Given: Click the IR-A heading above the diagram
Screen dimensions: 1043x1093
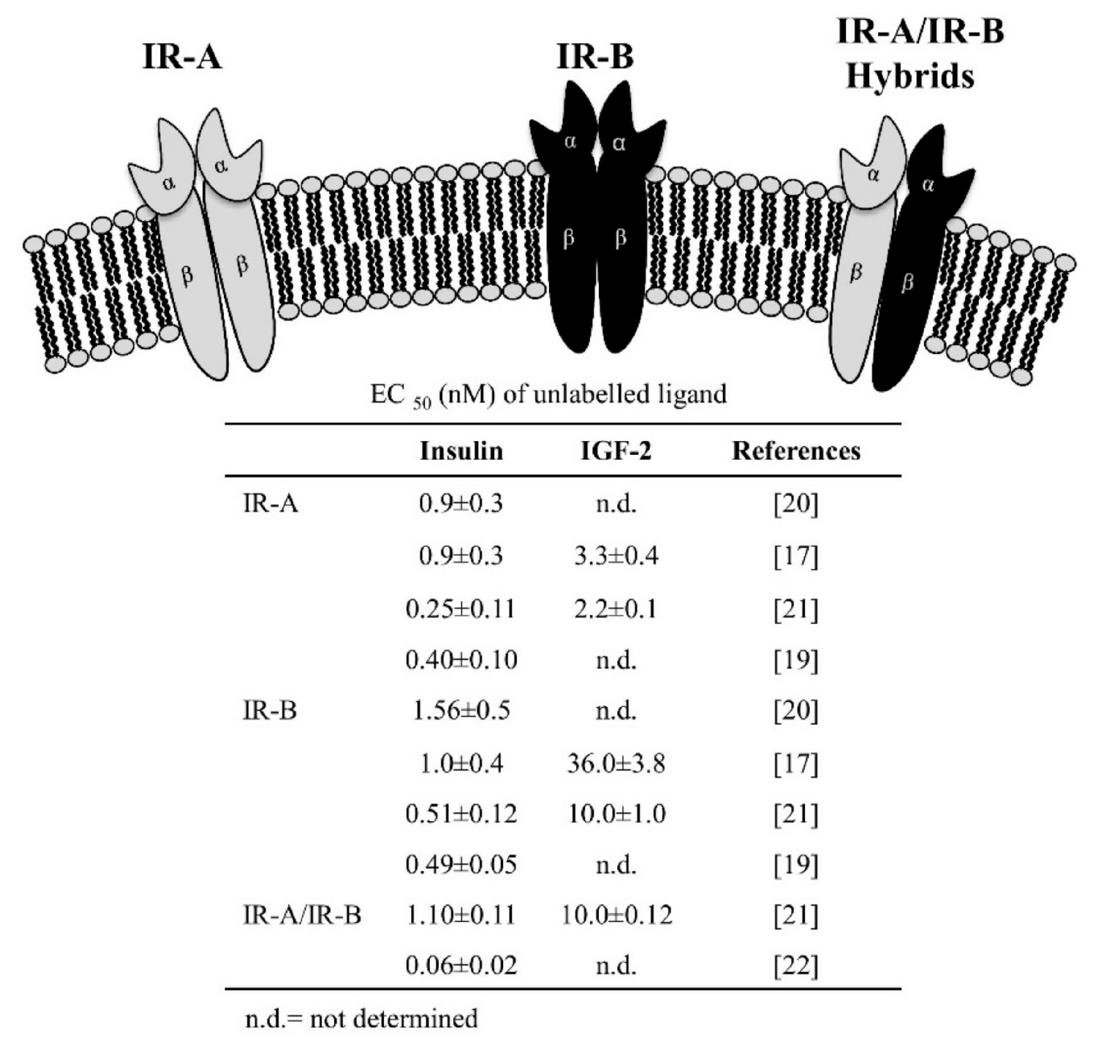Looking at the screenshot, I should point(182,57).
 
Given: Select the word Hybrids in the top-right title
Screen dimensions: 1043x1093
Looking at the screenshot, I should point(910,76).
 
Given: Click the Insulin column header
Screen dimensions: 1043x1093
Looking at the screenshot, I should point(461,451).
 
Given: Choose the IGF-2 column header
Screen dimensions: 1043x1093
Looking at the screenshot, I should point(616,451).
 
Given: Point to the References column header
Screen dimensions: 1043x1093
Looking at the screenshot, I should point(796,451).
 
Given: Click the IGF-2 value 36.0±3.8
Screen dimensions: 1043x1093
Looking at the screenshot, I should point(616,764).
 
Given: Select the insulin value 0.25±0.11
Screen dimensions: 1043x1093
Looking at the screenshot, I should point(461,609).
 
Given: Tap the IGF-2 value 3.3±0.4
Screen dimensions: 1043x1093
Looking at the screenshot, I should point(616,556).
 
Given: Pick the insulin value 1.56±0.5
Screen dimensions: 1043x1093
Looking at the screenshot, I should point(461,711).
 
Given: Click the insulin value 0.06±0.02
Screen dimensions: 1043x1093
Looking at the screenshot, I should point(461,965).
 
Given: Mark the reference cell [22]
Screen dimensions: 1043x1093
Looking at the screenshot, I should point(796,965).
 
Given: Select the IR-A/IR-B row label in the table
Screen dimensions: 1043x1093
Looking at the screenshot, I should point(302,914).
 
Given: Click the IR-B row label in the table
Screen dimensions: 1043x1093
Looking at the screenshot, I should point(270,711).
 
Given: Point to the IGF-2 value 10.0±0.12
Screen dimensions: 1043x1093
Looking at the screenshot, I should point(616,914).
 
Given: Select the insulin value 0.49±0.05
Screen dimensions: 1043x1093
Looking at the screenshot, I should point(461,864).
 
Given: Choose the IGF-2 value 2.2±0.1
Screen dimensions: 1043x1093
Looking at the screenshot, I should point(616,609).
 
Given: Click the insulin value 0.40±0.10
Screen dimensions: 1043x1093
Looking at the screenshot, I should point(461,660).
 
